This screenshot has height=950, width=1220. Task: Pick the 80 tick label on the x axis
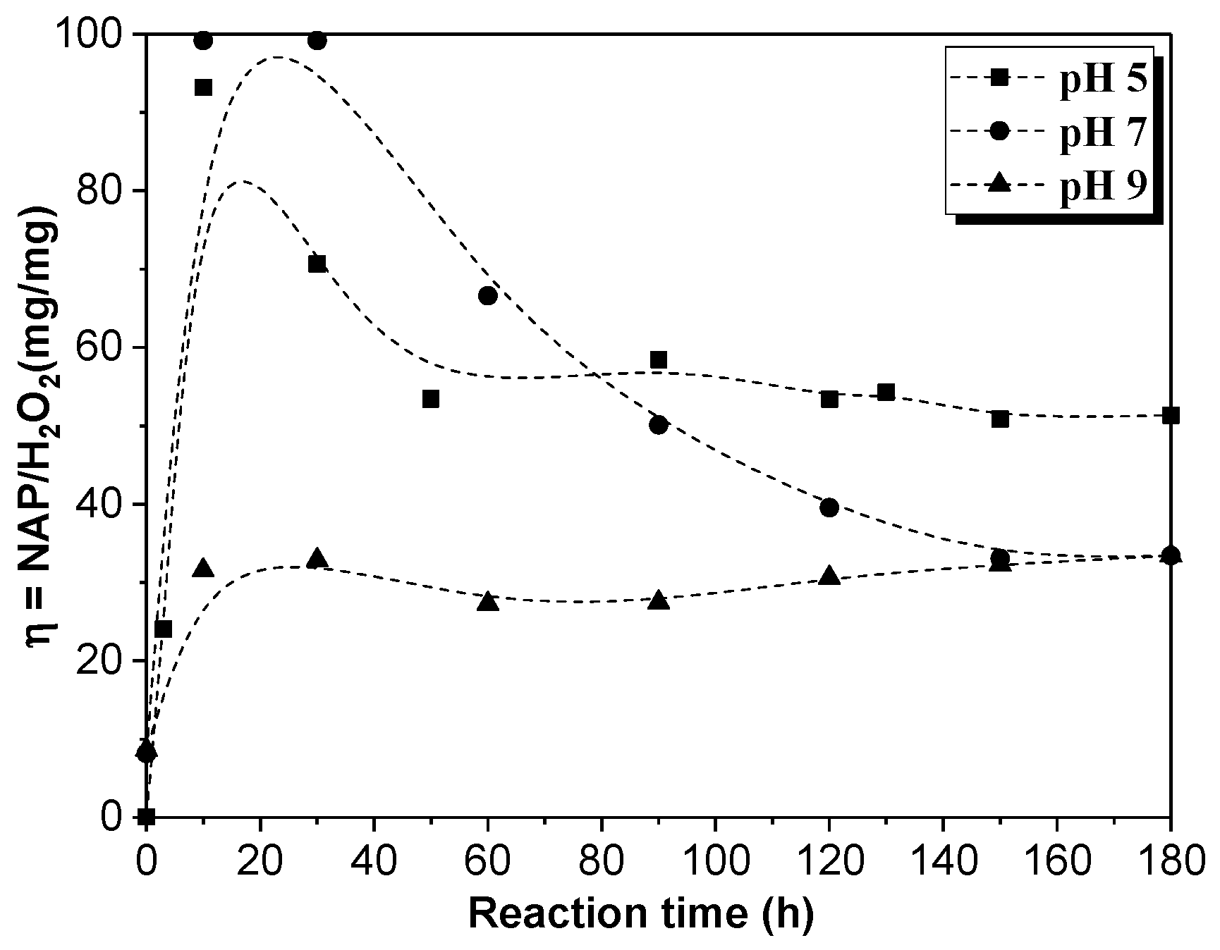pos(602,860)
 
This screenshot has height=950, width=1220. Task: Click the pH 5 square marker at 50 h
pos(431,399)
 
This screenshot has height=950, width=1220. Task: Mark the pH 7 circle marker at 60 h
pos(487,296)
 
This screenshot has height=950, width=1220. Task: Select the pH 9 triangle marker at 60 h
pos(487,602)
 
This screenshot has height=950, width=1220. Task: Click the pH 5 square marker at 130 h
pos(886,393)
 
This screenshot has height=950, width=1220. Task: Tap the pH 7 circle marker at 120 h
pos(829,507)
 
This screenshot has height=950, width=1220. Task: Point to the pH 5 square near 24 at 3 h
pos(163,629)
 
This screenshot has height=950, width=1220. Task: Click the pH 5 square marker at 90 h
pos(659,360)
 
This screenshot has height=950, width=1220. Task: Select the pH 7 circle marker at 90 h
pos(659,425)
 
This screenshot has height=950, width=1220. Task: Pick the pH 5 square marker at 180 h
pos(1171,415)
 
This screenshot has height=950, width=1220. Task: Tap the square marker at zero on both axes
pos(146,817)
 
